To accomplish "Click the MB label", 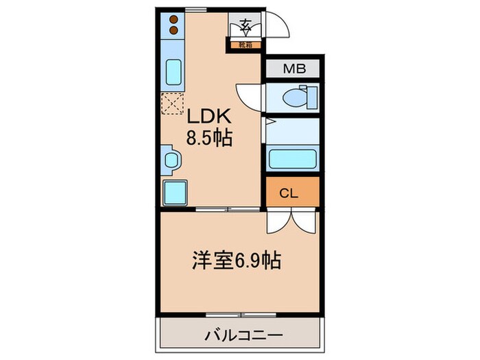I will click(x=293, y=69).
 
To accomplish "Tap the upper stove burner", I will click(x=173, y=19).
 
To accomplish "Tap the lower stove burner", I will click(x=173, y=30).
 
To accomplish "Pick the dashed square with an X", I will click(x=172, y=104).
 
